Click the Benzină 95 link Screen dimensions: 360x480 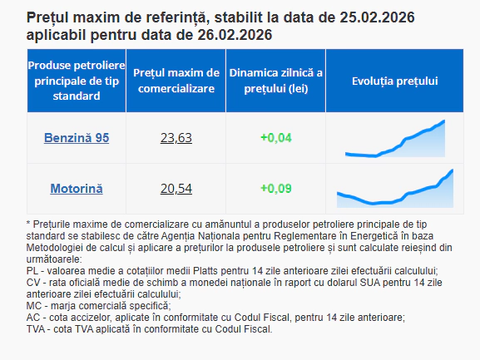[77, 137]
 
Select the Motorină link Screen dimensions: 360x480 [77, 189]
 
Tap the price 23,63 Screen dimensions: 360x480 [176, 137]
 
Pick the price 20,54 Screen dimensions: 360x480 [176, 189]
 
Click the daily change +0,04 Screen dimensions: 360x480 [276, 137]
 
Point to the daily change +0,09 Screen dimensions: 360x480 [276, 189]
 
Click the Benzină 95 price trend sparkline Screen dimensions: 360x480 [395, 139]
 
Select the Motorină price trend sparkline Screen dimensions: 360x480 [395, 189]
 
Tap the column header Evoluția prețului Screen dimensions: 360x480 [395, 81]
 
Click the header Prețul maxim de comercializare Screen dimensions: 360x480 [176, 81]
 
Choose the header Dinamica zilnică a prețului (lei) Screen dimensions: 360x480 [276, 81]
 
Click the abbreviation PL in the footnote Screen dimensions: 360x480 [32, 271]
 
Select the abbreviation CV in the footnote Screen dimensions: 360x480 [34, 283]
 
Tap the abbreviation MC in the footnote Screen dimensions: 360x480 [34, 306]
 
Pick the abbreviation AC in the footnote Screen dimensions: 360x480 [33, 318]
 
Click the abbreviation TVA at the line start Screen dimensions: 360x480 [37, 329]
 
